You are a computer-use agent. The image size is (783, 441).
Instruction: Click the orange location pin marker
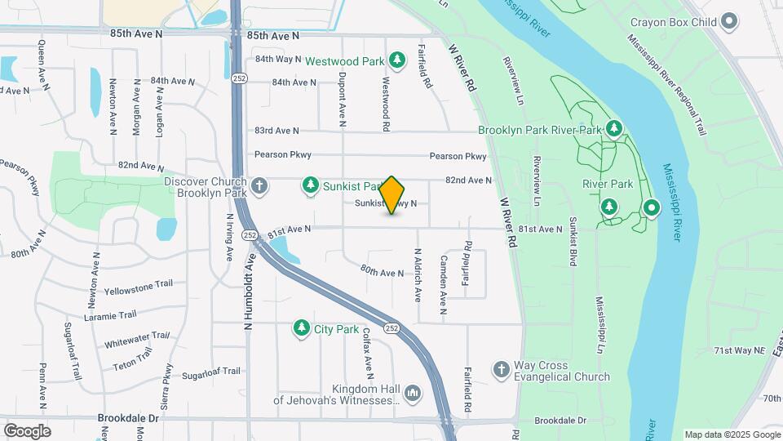392,195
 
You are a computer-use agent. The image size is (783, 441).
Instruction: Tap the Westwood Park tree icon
397,59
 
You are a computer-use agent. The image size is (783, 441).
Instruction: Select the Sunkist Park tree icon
310,186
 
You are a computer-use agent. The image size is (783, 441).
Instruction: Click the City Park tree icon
302,329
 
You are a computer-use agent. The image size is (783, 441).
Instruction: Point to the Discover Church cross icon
259,186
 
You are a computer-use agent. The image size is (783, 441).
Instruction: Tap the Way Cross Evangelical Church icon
501,371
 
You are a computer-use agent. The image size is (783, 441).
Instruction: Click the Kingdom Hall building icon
414,394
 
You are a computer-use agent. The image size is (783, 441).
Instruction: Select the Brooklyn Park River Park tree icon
613,129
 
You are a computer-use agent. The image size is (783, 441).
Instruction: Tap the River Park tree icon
608,206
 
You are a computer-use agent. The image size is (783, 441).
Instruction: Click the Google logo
27,430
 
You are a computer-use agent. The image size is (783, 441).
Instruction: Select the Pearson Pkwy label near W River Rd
458,156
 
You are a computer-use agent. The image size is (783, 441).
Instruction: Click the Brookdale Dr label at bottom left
127,417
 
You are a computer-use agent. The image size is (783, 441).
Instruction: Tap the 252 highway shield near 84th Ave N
239,78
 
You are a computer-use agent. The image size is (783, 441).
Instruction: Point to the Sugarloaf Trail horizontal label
210,373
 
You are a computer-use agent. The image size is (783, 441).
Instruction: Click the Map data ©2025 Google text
732,434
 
